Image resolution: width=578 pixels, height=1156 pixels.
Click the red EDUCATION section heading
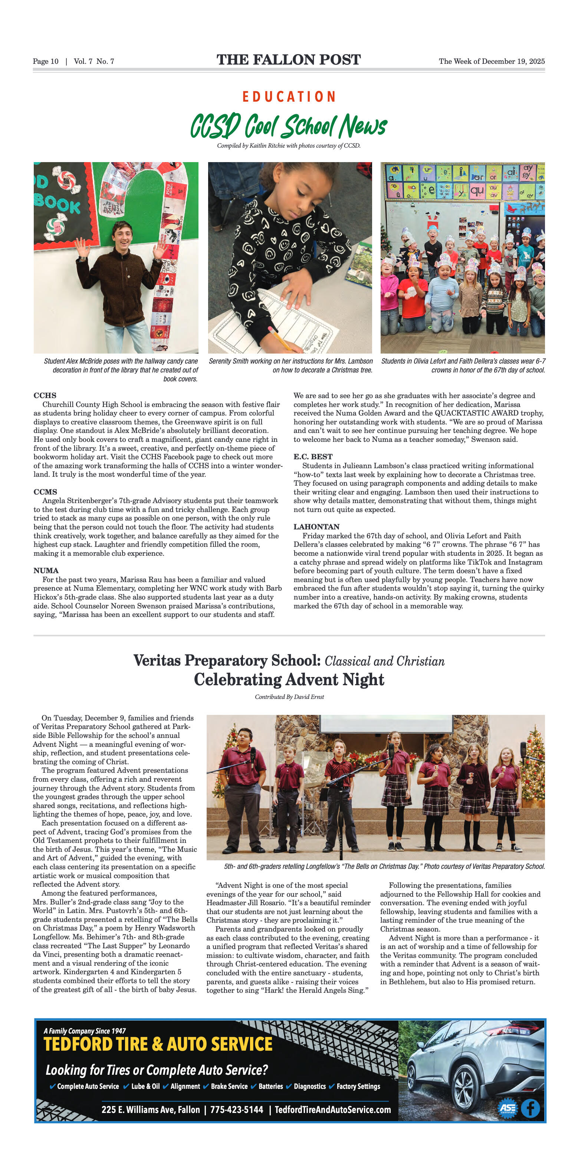(289, 97)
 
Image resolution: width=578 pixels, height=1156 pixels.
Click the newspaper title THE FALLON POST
(289, 60)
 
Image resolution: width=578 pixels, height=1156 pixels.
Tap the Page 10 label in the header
(45, 62)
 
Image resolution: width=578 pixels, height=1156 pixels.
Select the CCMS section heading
(45, 492)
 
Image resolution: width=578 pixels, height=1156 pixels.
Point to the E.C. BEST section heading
(313, 456)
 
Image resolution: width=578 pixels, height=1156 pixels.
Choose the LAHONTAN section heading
(316, 526)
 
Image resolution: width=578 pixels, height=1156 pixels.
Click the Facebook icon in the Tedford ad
(530, 1109)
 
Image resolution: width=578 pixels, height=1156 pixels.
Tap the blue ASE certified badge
(508, 1109)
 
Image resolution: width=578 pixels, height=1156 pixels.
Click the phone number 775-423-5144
(236, 1110)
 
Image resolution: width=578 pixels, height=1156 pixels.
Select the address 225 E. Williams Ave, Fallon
(150, 1110)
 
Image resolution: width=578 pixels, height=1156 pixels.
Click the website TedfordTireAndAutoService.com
(332, 1110)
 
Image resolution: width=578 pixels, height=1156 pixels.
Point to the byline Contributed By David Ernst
(289, 697)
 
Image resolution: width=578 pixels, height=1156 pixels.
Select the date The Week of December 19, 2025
(492, 62)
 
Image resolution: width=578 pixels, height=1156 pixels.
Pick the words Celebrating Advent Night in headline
(289, 679)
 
